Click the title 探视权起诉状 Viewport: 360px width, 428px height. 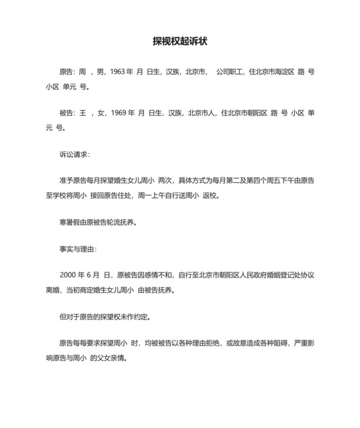tap(180, 42)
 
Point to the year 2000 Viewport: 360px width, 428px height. tap(69, 275)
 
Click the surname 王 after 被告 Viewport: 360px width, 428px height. tap(81, 113)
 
